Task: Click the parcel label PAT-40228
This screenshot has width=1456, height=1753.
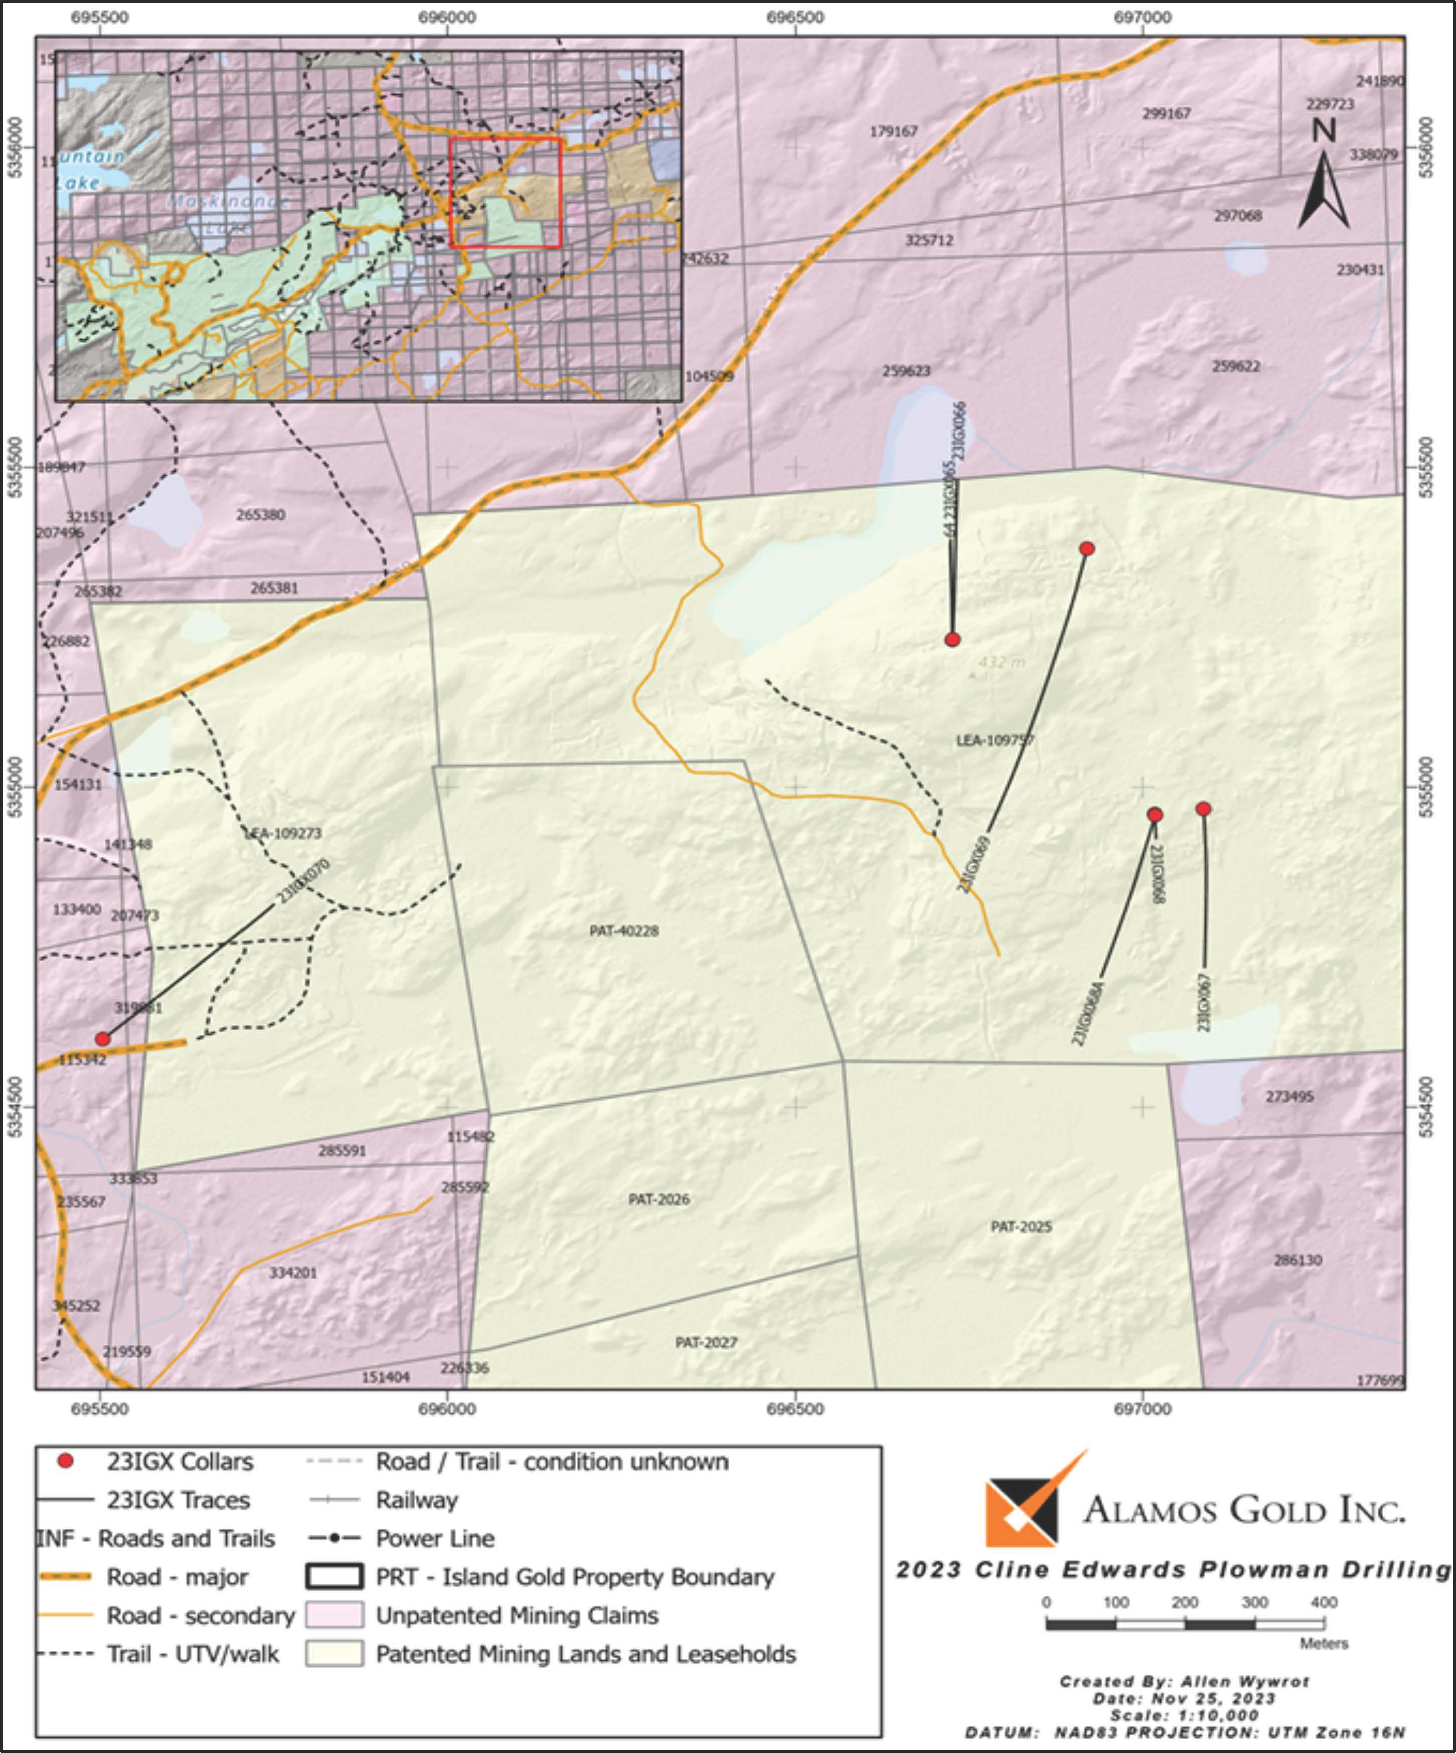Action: coord(624,931)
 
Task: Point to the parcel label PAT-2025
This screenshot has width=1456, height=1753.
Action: coord(1021,1226)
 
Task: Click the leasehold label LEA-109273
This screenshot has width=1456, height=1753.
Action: coord(283,833)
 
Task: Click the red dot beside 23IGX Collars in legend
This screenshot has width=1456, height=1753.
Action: coord(65,1462)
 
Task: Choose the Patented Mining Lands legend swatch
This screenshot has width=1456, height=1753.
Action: coord(334,1654)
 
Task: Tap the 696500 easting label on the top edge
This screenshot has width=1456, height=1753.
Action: coord(796,17)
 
